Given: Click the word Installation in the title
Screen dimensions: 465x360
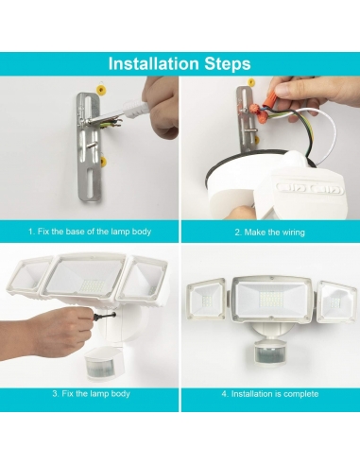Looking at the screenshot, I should click(151, 64).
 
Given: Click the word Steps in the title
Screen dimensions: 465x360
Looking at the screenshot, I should click(224, 64).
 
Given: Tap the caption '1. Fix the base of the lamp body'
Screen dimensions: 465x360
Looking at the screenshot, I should click(90, 232).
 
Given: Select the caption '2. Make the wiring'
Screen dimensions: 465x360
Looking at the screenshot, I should click(269, 232).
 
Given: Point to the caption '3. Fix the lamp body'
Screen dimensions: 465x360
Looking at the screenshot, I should click(90, 393).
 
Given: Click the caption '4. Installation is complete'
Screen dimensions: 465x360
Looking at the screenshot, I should click(269, 393).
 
